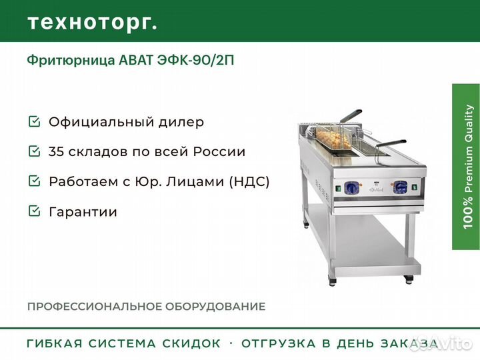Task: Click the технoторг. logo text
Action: [93, 23]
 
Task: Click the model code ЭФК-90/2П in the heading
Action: [195, 60]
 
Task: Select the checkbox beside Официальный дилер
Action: [34, 121]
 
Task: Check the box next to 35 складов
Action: [34, 151]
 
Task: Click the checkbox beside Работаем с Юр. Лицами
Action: [34, 181]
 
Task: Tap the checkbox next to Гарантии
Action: [34, 211]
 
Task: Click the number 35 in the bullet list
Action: [56, 151]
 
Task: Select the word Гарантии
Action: [83, 212]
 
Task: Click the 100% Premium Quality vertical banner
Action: [466, 167]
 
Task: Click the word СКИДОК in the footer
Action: [191, 343]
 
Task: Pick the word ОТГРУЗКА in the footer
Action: [278, 343]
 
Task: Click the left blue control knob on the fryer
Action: [351, 187]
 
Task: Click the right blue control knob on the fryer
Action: [400, 187]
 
